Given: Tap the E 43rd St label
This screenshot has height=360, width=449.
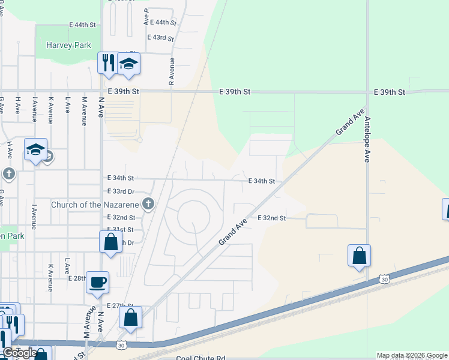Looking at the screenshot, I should tap(160, 38).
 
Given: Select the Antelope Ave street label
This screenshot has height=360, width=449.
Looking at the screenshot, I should tap(366, 139).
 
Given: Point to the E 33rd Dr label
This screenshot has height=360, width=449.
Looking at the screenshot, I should tap(121, 191).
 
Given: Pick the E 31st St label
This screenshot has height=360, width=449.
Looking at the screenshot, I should tap(120, 230).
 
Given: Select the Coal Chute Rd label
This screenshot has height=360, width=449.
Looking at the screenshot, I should tap(200, 358).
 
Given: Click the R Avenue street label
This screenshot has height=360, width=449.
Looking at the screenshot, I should tap(172, 71).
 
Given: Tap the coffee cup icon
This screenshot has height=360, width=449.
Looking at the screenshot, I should tap(97, 281).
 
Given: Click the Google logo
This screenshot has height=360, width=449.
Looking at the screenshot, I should tap(20, 353).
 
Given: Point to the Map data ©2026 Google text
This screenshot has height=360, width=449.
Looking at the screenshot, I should tap(412, 356).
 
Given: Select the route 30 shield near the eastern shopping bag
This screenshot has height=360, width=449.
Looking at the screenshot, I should tap(384, 279).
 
